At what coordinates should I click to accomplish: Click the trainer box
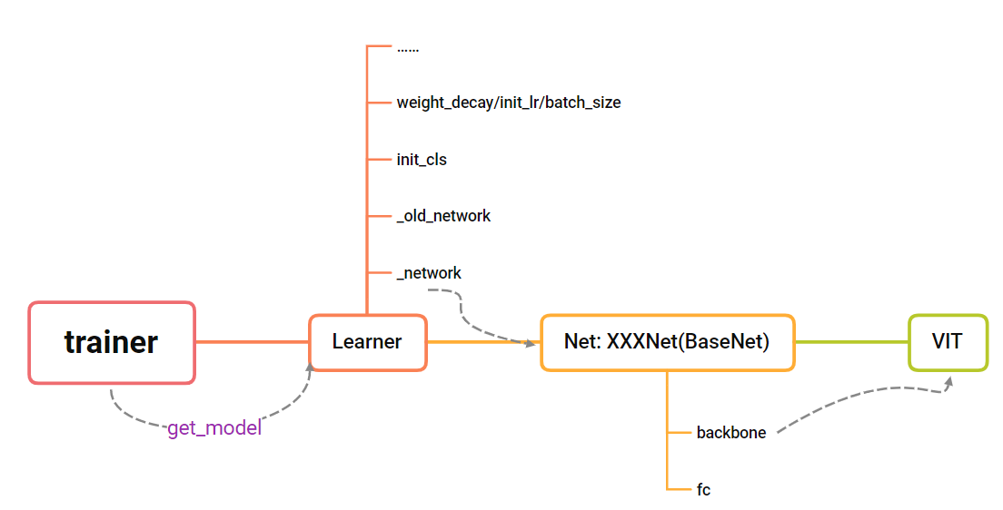(x=112, y=342)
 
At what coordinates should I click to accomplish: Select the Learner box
(x=367, y=342)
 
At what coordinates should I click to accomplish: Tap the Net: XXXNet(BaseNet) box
(x=667, y=342)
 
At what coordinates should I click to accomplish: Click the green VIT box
(x=948, y=342)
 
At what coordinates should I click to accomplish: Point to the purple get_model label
(x=214, y=428)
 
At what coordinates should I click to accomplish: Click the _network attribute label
(x=429, y=272)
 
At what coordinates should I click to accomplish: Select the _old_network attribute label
(x=443, y=216)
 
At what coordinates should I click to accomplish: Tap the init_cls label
(x=422, y=160)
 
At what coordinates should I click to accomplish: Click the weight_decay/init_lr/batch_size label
(x=508, y=103)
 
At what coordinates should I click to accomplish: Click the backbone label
(x=731, y=433)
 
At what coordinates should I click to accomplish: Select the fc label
(x=703, y=489)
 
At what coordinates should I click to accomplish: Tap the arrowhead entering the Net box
(x=530, y=342)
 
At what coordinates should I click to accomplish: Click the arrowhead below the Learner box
(x=310, y=367)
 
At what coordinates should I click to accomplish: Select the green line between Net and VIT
(x=851, y=342)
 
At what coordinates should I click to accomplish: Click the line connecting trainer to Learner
(x=252, y=342)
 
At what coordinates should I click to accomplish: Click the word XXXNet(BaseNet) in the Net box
(x=688, y=342)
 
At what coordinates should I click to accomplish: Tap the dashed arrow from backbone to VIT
(x=863, y=396)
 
